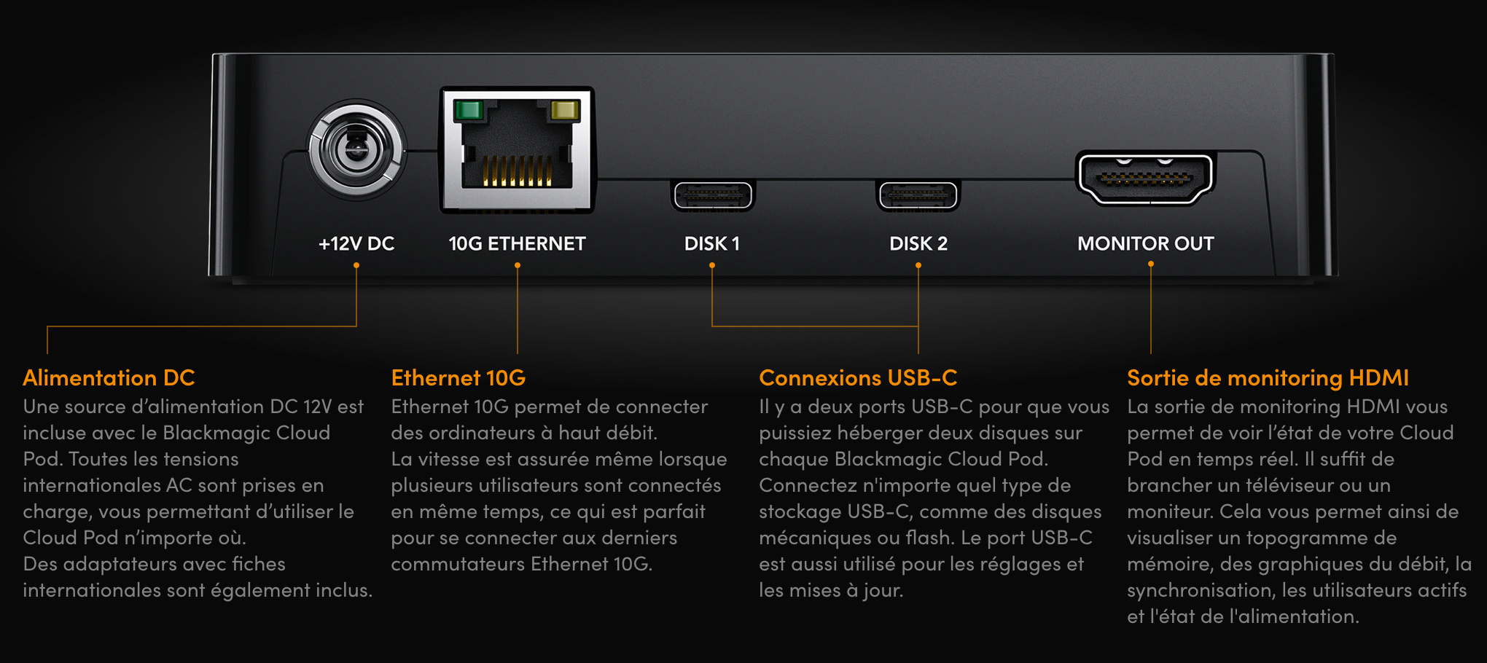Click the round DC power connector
(x=356, y=149)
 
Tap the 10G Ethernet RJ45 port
(x=517, y=150)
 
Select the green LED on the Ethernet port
(x=468, y=110)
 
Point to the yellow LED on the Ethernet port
(x=566, y=110)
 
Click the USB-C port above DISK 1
(x=712, y=195)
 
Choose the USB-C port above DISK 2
(x=918, y=195)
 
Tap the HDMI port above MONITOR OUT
(x=1145, y=178)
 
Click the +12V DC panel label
(x=356, y=243)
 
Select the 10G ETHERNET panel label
(x=517, y=243)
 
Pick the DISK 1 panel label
(x=712, y=243)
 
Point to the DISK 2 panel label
(x=918, y=243)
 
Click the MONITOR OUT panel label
(x=1146, y=243)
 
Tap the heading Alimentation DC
(x=109, y=377)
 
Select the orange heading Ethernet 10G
(x=458, y=377)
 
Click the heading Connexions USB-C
(x=858, y=377)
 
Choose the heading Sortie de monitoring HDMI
(x=1268, y=377)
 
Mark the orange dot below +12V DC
(x=356, y=265)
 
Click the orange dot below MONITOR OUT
(x=1151, y=264)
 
